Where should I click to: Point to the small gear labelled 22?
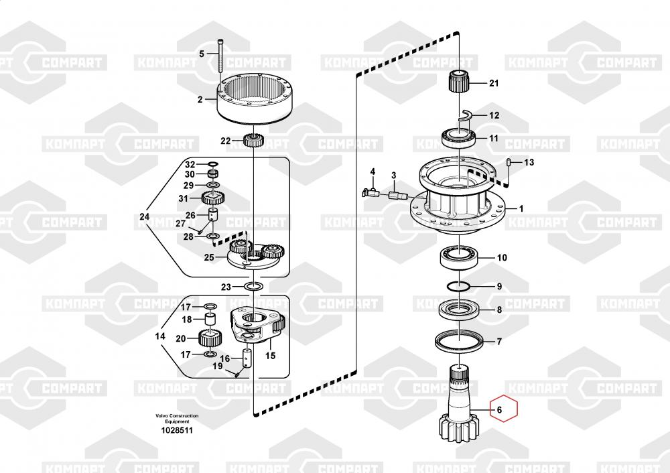click(x=255, y=140)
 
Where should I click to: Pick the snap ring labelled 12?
click(x=466, y=115)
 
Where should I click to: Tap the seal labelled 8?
click(x=458, y=309)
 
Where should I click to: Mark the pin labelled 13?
click(x=510, y=163)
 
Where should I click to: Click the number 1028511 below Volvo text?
click(x=176, y=430)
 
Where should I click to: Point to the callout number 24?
click(x=145, y=216)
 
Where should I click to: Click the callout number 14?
click(x=160, y=336)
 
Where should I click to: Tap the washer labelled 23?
click(x=254, y=286)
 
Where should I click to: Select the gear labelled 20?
click(x=210, y=339)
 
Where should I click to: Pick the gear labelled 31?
click(x=213, y=198)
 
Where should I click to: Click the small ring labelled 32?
click(x=212, y=164)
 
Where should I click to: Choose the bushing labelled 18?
click(x=210, y=319)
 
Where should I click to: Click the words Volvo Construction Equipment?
click(x=177, y=418)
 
